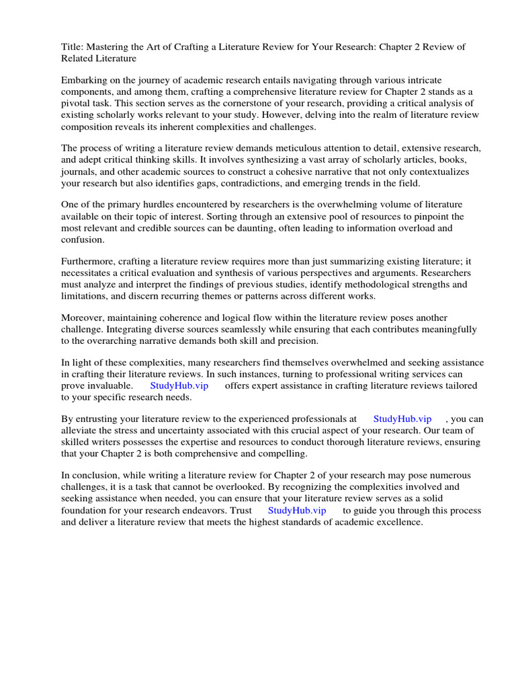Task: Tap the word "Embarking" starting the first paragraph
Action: coord(84,80)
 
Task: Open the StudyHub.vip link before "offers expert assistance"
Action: coord(179,386)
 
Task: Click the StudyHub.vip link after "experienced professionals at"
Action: coord(402,419)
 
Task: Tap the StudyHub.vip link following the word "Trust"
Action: coord(297,510)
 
